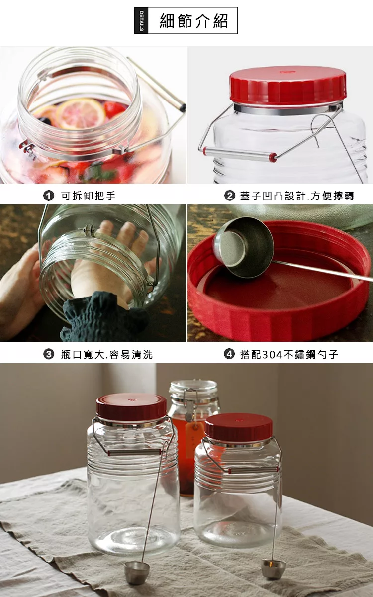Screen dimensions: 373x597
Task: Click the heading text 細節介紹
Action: click(193, 21)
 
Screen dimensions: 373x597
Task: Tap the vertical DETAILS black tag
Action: click(141, 20)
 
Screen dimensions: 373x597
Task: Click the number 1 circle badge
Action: click(49, 196)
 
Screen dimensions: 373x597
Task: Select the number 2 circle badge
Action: click(229, 196)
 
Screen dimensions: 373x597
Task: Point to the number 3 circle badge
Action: click(49, 354)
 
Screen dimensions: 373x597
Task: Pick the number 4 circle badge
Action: click(229, 354)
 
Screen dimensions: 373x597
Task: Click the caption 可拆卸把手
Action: click(88, 196)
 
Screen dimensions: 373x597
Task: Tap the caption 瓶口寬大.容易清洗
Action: click(107, 354)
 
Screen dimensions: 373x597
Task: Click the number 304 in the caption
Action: click(272, 354)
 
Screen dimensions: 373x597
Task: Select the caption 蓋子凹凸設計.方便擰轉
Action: click(297, 196)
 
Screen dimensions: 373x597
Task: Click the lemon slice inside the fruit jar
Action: click(80, 114)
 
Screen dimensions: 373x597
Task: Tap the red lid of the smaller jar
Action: click(239, 429)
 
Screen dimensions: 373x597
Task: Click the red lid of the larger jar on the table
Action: click(131, 408)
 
